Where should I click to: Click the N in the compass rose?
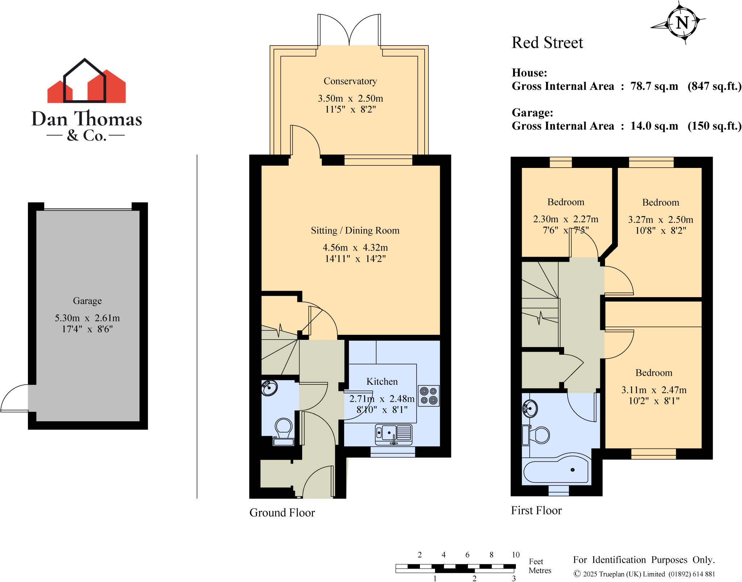682,23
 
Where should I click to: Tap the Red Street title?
547,43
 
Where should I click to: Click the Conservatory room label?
350,81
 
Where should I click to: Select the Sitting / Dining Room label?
355,231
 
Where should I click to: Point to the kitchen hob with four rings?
429,396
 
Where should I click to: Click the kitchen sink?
393,433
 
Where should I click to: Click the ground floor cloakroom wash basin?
269,388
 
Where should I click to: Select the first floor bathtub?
556,472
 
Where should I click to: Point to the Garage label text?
87,301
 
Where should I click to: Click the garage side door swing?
14,398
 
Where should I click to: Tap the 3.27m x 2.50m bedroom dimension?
660,220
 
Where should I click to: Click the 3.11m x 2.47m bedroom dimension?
654,390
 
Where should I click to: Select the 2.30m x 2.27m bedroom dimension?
566,219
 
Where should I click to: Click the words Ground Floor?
282,513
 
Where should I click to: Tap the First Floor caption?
536,510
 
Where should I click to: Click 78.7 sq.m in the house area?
654,86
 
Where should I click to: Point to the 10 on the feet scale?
516,554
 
